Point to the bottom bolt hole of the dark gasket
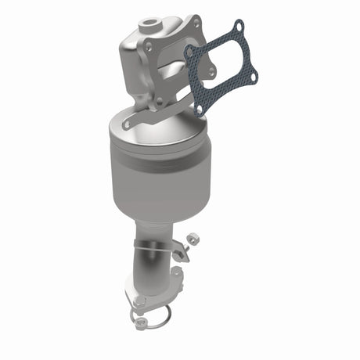point(199,110)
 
